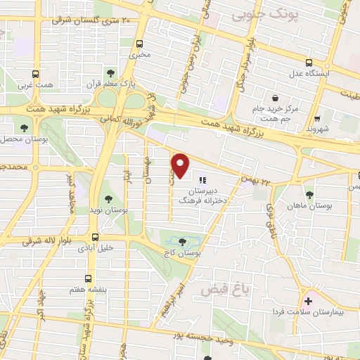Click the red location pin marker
point(181,165)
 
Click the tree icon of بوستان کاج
point(187,238)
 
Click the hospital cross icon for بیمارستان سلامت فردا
point(308,301)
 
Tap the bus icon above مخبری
point(140,42)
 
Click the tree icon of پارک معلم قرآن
point(110,72)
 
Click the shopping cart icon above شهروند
point(319,118)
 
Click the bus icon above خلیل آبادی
point(95,237)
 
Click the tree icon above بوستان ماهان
point(309,195)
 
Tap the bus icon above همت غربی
point(35,74)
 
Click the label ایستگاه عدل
point(321,73)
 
